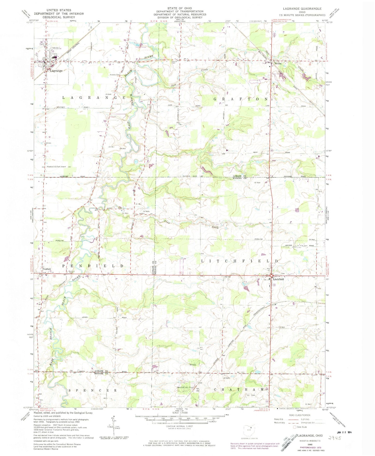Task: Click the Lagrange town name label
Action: [x=56, y=71]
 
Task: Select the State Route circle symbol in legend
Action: [x=295, y=434]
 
